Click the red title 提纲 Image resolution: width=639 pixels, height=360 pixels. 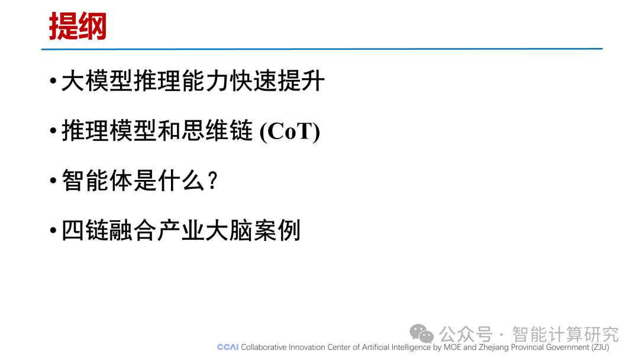click(78, 26)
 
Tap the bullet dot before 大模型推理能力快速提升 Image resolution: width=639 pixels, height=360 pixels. click(53, 81)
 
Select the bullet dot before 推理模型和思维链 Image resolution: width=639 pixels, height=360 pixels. click(53, 130)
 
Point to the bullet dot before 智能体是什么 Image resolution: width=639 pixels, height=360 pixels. click(53, 180)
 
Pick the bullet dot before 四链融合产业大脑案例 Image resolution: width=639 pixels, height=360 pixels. click(53, 230)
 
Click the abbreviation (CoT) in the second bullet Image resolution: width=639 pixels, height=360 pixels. click(290, 131)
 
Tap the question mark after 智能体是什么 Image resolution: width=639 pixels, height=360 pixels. click(212, 181)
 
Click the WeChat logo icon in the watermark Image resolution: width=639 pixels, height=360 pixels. click(421, 333)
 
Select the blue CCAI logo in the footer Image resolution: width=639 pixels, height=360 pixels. click(228, 347)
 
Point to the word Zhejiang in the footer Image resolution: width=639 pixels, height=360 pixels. click(493, 348)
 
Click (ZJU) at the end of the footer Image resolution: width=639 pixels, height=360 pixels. click(601, 348)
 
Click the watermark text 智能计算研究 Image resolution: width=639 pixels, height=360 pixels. click(565, 335)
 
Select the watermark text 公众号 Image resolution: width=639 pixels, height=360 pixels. click(466, 335)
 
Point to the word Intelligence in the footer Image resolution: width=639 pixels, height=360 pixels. click(411, 348)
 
